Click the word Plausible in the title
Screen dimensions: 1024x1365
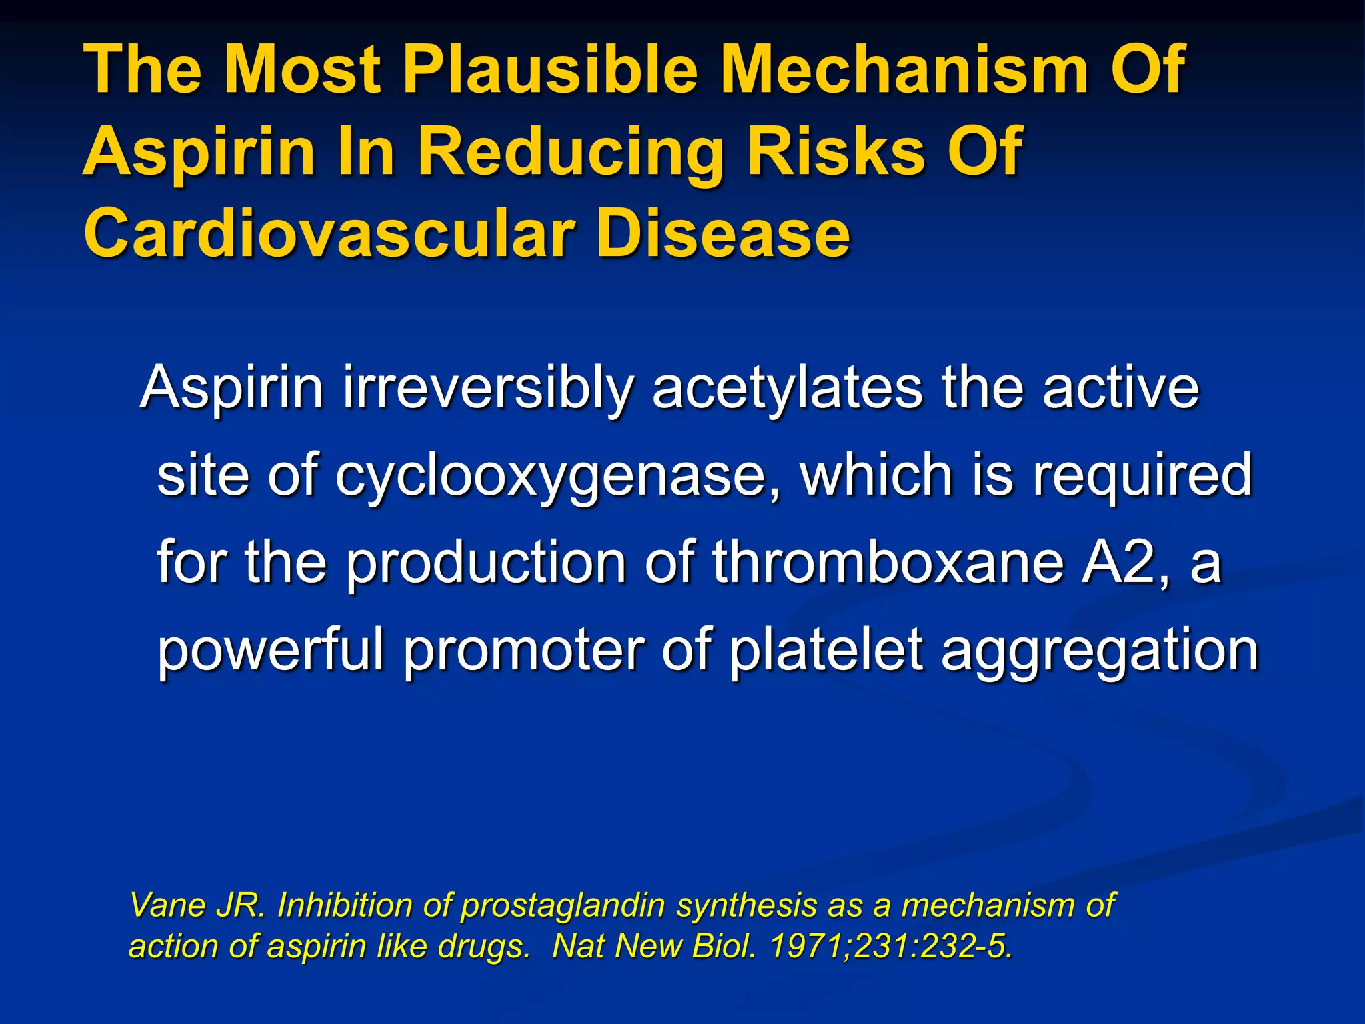[x=551, y=69]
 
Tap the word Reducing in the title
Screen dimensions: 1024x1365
[x=571, y=152]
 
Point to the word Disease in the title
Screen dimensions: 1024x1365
[x=722, y=234]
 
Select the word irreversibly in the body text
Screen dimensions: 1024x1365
[x=487, y=388]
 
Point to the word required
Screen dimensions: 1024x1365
[x=1142, y=475]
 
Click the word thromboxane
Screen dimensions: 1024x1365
[x=887, y=562]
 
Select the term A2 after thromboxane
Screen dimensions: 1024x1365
[x=1126, y=562]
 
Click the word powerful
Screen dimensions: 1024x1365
[x=271, y=650]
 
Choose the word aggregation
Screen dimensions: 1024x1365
[x=1100, y=650]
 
